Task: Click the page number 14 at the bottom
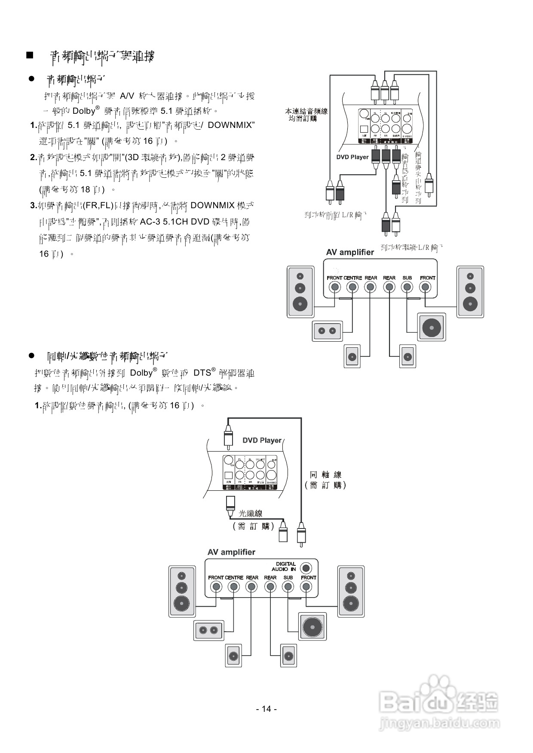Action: [x=266, y=709]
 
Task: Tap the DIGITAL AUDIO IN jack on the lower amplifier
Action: [x=306, y=568]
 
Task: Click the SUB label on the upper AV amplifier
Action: [x=407, y=278]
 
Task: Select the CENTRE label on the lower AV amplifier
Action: [x=234, y=577]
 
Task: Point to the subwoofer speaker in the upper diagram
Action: [x=432, y=327]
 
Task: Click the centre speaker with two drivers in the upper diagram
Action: [x=327, y=331]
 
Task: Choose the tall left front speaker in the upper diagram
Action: [x=300, y=292]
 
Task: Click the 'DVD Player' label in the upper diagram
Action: [x=352, y=157]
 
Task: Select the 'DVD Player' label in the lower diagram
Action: [x=262, y=440]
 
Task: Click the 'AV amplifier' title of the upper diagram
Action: [x=350, y=252]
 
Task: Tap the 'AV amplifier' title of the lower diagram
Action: [x=231, y=552]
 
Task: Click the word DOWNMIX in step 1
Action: [x=231, y=125]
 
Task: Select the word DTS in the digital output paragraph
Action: [x=202, y=373]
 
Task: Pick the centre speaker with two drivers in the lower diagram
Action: [x=208, y=630]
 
